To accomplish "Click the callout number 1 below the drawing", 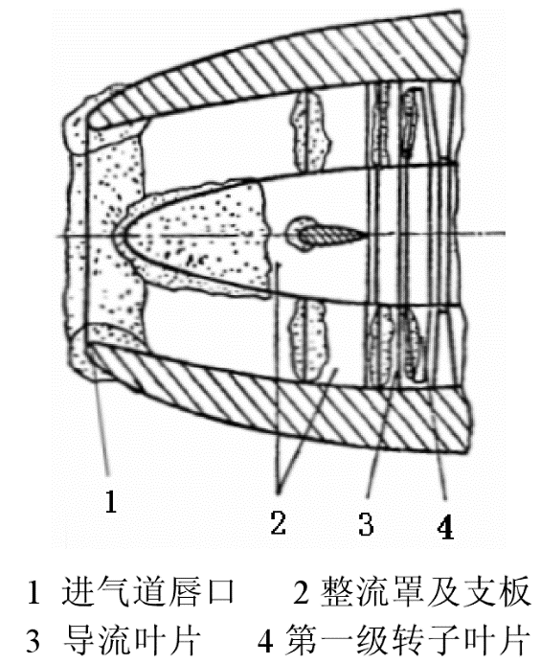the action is coord(110,501).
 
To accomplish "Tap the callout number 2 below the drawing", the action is coord(278,522).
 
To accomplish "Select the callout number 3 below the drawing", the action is coord(366,524).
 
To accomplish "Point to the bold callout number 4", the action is coord(446,527).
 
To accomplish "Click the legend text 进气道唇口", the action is coord(147,591).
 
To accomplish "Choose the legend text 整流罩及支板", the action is coord(425,591).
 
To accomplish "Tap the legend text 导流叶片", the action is coord(132,640).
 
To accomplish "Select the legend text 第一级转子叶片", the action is coord(407,640).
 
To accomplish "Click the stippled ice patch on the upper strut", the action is coord(310,131).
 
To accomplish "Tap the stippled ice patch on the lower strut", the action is coord(308,340).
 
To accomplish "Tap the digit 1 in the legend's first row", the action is coord(34,592).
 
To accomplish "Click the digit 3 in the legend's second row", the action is coord(34,641).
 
